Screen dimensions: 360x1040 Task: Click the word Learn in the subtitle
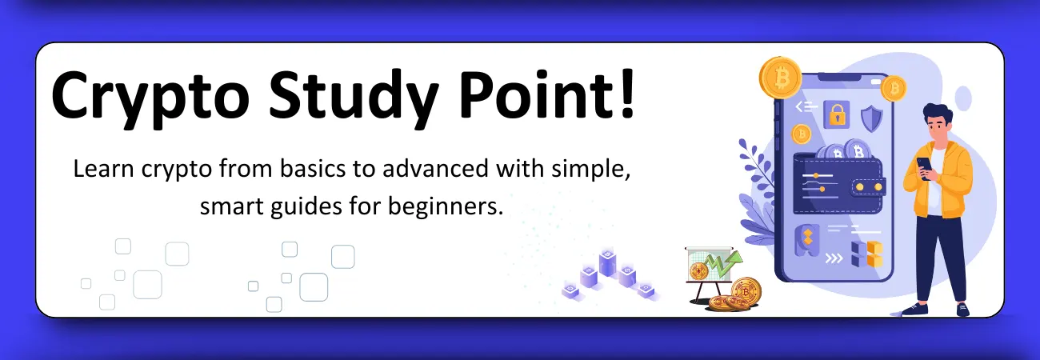[98, 170]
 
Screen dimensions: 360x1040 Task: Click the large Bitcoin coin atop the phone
[780, 77]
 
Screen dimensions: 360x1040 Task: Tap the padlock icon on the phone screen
[836, 114]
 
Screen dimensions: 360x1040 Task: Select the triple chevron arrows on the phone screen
[834, 258]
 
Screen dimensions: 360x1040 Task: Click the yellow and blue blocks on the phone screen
[866, 253]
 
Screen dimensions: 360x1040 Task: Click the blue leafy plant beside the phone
[756, 192]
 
